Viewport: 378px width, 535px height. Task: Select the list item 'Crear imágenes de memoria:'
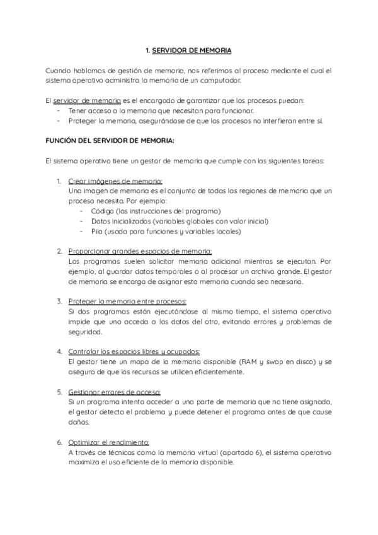coord(115,180)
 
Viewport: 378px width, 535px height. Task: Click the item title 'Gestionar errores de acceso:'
coord(114,392)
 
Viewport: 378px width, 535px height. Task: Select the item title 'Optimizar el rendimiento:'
coord(108,442)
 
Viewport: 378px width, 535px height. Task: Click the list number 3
coord(59,301)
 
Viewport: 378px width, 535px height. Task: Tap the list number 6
coord(59,442)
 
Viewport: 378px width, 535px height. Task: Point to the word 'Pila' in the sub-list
coord(98,231)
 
